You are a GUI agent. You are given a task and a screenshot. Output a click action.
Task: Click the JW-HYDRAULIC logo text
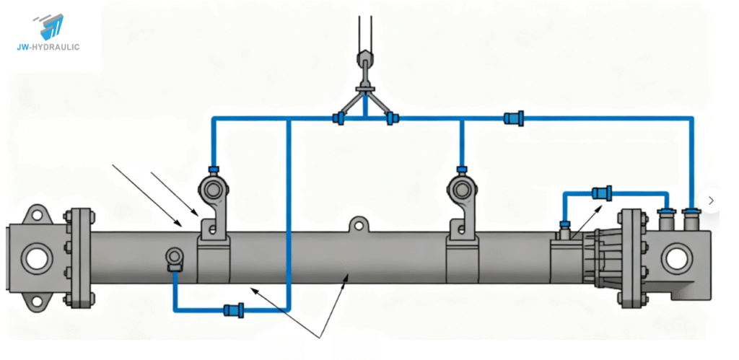[51, 47]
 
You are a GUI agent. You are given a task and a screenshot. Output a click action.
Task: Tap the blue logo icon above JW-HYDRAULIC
[51, 26]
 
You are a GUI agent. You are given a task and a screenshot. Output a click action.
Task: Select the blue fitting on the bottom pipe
[234, 310]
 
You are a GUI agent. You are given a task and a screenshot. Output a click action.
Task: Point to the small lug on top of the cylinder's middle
[356, 224]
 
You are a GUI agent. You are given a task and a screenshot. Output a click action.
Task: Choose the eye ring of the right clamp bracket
[462, 190]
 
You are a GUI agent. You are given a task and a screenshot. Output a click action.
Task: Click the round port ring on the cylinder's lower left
[175, 257]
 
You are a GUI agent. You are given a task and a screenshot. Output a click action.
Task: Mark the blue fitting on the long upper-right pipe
[515, 117]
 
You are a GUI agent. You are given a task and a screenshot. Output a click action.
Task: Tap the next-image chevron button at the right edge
[711, 201]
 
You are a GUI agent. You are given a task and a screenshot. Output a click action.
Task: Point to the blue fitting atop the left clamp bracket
[214, 170]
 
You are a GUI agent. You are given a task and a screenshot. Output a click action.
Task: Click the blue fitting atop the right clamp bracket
[462, 170]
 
